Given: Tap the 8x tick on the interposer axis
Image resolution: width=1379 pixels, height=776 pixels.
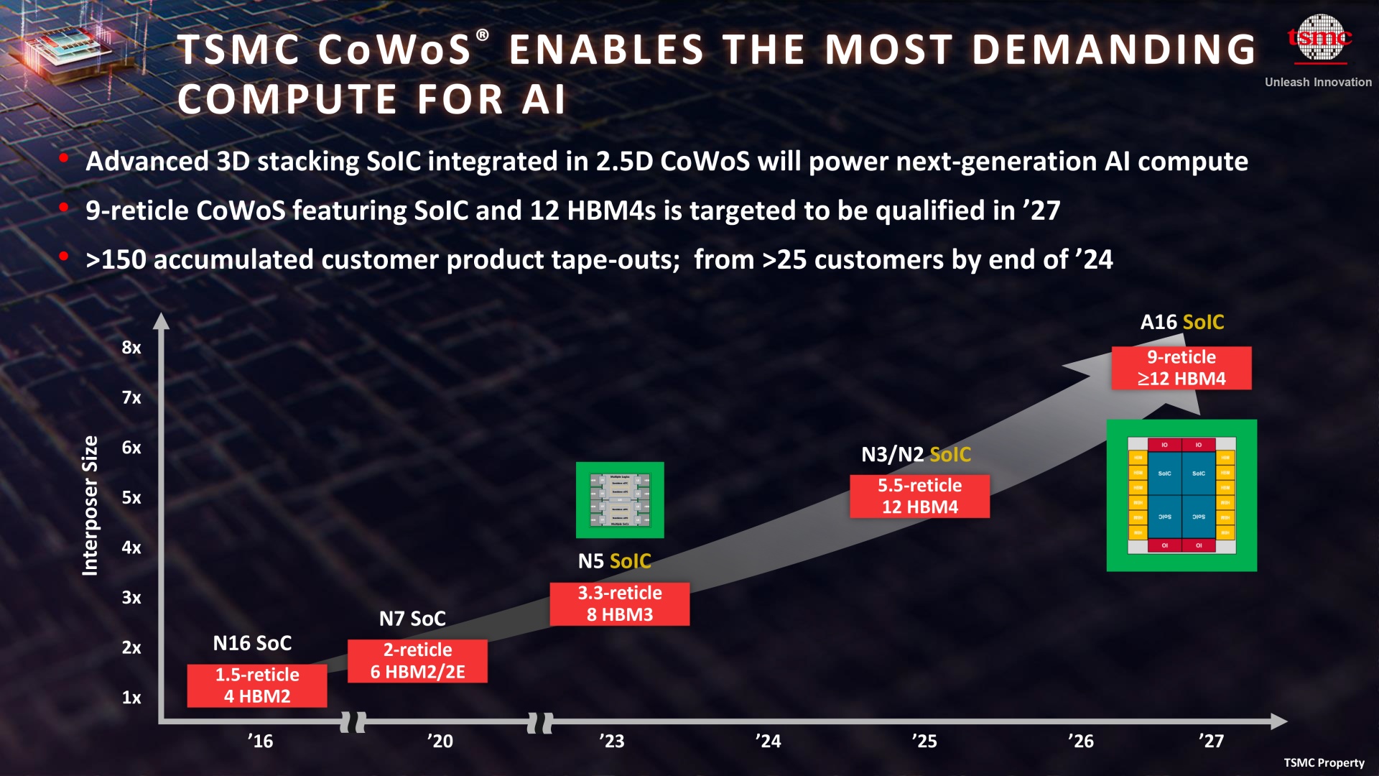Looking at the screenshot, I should point(131,348).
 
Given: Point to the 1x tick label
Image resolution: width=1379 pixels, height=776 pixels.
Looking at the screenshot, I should point(131,698).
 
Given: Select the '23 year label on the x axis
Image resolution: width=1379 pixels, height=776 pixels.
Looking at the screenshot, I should point(611,741).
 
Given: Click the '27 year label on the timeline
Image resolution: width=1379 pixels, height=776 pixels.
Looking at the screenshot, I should point(1211,741).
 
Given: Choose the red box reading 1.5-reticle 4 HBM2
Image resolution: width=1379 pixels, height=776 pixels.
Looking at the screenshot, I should point(257,685).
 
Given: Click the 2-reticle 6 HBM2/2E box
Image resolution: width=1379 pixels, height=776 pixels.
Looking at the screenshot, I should point(417,661).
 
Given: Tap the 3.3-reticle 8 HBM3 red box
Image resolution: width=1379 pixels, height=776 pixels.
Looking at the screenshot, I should point(620,604).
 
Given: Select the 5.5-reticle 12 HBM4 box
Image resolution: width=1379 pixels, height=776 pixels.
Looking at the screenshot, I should point(919,496).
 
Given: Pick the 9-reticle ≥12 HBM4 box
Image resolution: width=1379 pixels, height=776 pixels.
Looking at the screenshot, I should point(1181,368).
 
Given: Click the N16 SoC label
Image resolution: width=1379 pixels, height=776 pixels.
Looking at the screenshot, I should point(252,643).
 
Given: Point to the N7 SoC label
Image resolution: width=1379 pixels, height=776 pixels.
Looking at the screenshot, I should point(412,619).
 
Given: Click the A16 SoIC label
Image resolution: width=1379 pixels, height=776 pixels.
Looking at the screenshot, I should point(1182,322).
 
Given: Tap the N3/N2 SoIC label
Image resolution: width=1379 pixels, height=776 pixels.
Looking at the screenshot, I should point(916,454).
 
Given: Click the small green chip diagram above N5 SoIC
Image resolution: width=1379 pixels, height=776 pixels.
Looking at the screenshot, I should point(620,500).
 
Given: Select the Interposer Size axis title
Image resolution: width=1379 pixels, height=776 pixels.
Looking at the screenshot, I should point(90,505).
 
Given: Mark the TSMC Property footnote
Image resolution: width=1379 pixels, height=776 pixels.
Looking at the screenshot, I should point(1324,762).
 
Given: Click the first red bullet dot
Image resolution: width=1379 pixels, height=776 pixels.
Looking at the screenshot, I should point(64,158).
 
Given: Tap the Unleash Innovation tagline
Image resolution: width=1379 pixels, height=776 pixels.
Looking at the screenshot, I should point(1318,82).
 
